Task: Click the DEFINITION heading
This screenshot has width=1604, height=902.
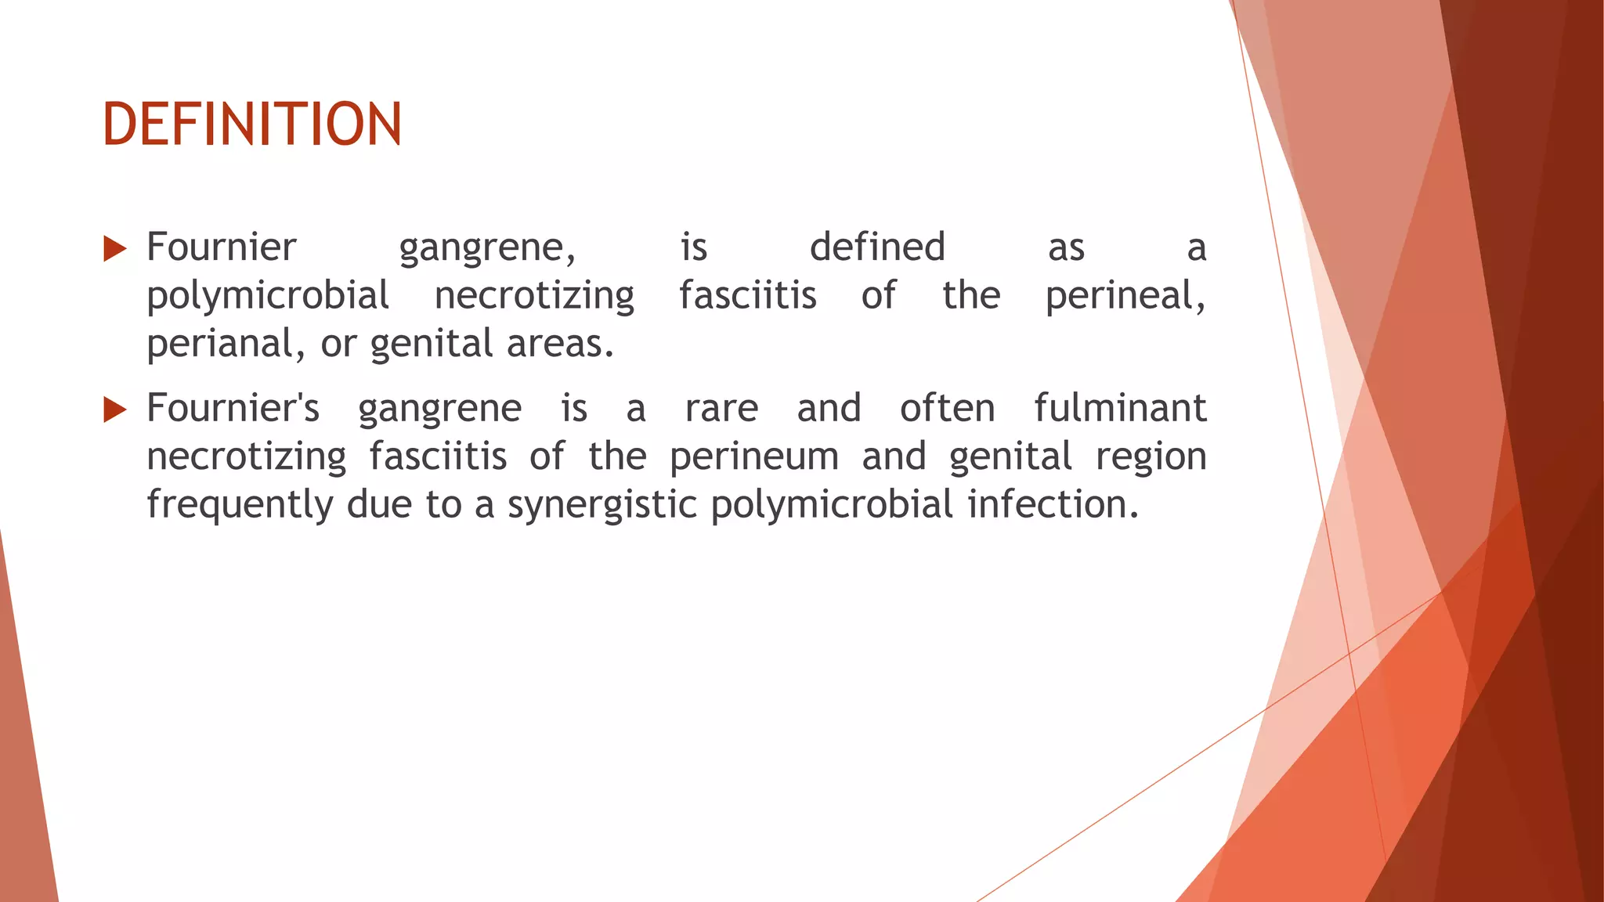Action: click(252, 124)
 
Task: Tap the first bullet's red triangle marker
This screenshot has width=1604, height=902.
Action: click(114, 249)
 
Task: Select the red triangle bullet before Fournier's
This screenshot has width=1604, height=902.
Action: click(114, 410)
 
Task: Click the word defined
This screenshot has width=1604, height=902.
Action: click(877, 247)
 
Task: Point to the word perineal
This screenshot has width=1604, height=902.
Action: click(1125, 296)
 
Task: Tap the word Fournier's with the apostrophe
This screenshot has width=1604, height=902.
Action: click(233, 408)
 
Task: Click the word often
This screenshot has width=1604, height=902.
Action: click(947, 408)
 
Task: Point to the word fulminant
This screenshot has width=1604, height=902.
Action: click(1120, 408)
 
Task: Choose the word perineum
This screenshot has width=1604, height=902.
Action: click(754, 457)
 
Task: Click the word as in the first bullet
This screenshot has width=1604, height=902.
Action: click(1066, 249)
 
